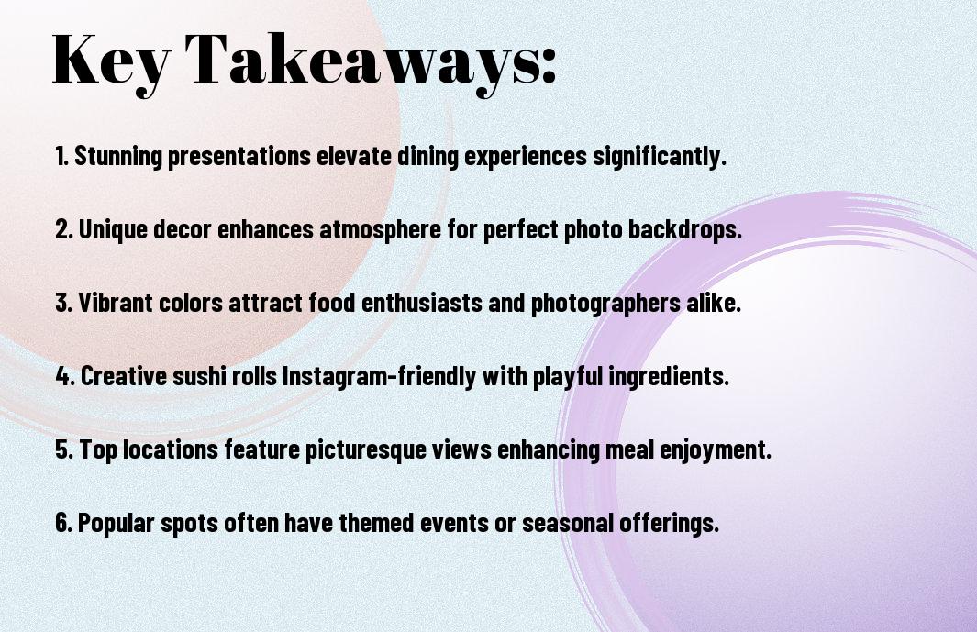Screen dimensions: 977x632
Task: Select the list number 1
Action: pyautogui.click(x=61, y=156)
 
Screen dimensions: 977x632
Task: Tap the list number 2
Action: pyautogui.click(x=64, y=229)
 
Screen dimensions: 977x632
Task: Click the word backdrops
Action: pyautogui.click(x=684, y=229)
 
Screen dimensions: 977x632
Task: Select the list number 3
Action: pyautogui.click(x=64, y=303)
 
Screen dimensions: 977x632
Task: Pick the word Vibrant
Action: pyautogui.click(x=116, y=303)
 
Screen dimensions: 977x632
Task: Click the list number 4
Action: pyautogui.click(x=65, y=376)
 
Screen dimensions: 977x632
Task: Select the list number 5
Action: pyautogui.click(x=64, y=449)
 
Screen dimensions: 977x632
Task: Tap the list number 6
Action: pyautogui.click(x=64, y=523)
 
